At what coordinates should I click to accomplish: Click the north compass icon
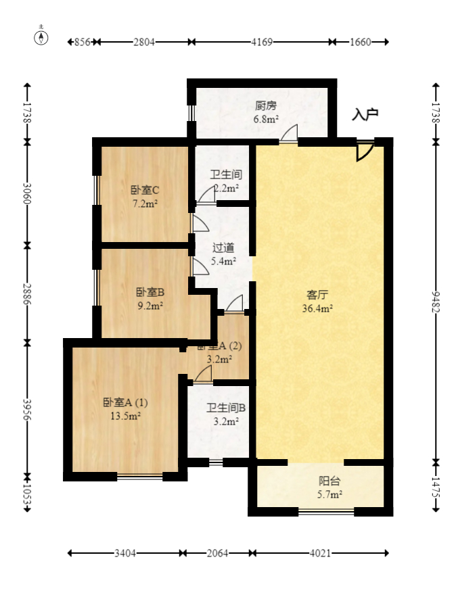point(42,37)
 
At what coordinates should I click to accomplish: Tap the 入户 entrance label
point(365,115)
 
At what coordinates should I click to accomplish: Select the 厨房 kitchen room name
point(266,106)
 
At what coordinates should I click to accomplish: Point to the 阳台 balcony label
point(329,481)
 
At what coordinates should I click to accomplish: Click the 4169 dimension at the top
point(262,42)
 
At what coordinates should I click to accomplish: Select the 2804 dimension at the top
point(144,42)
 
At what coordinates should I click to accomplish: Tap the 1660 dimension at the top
point(361,42)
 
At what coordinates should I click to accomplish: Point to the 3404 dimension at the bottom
point(125,553)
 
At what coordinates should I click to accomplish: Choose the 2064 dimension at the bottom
point(217,553)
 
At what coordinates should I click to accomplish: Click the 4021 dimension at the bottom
point(319,553)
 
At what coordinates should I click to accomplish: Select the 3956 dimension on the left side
point(27,409)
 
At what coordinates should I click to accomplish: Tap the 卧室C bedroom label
point(144,190)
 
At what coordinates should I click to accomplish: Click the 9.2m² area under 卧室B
point(150,305)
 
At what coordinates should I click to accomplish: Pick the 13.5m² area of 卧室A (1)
point(125,416)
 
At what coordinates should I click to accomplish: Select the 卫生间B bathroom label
point(226,408)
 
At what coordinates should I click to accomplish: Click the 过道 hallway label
point(223,247)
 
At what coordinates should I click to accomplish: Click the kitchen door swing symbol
point(290,134)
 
